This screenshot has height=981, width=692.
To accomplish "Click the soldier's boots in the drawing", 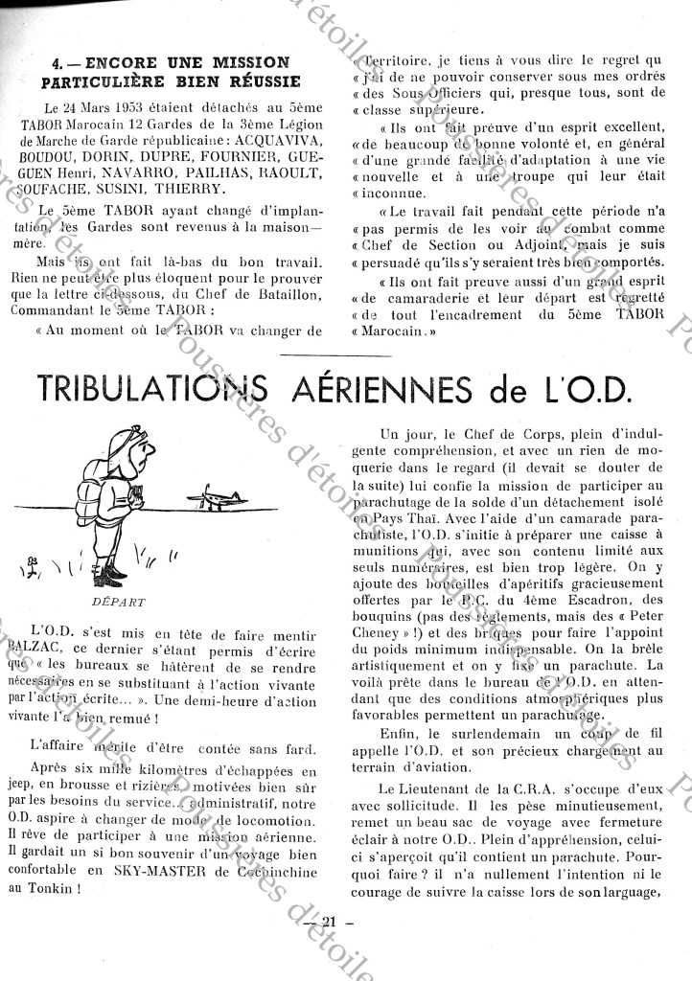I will tap(113, 576).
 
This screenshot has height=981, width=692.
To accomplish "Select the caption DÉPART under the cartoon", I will tap(121, 603).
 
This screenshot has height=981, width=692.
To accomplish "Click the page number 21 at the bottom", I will tap(332, 921).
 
